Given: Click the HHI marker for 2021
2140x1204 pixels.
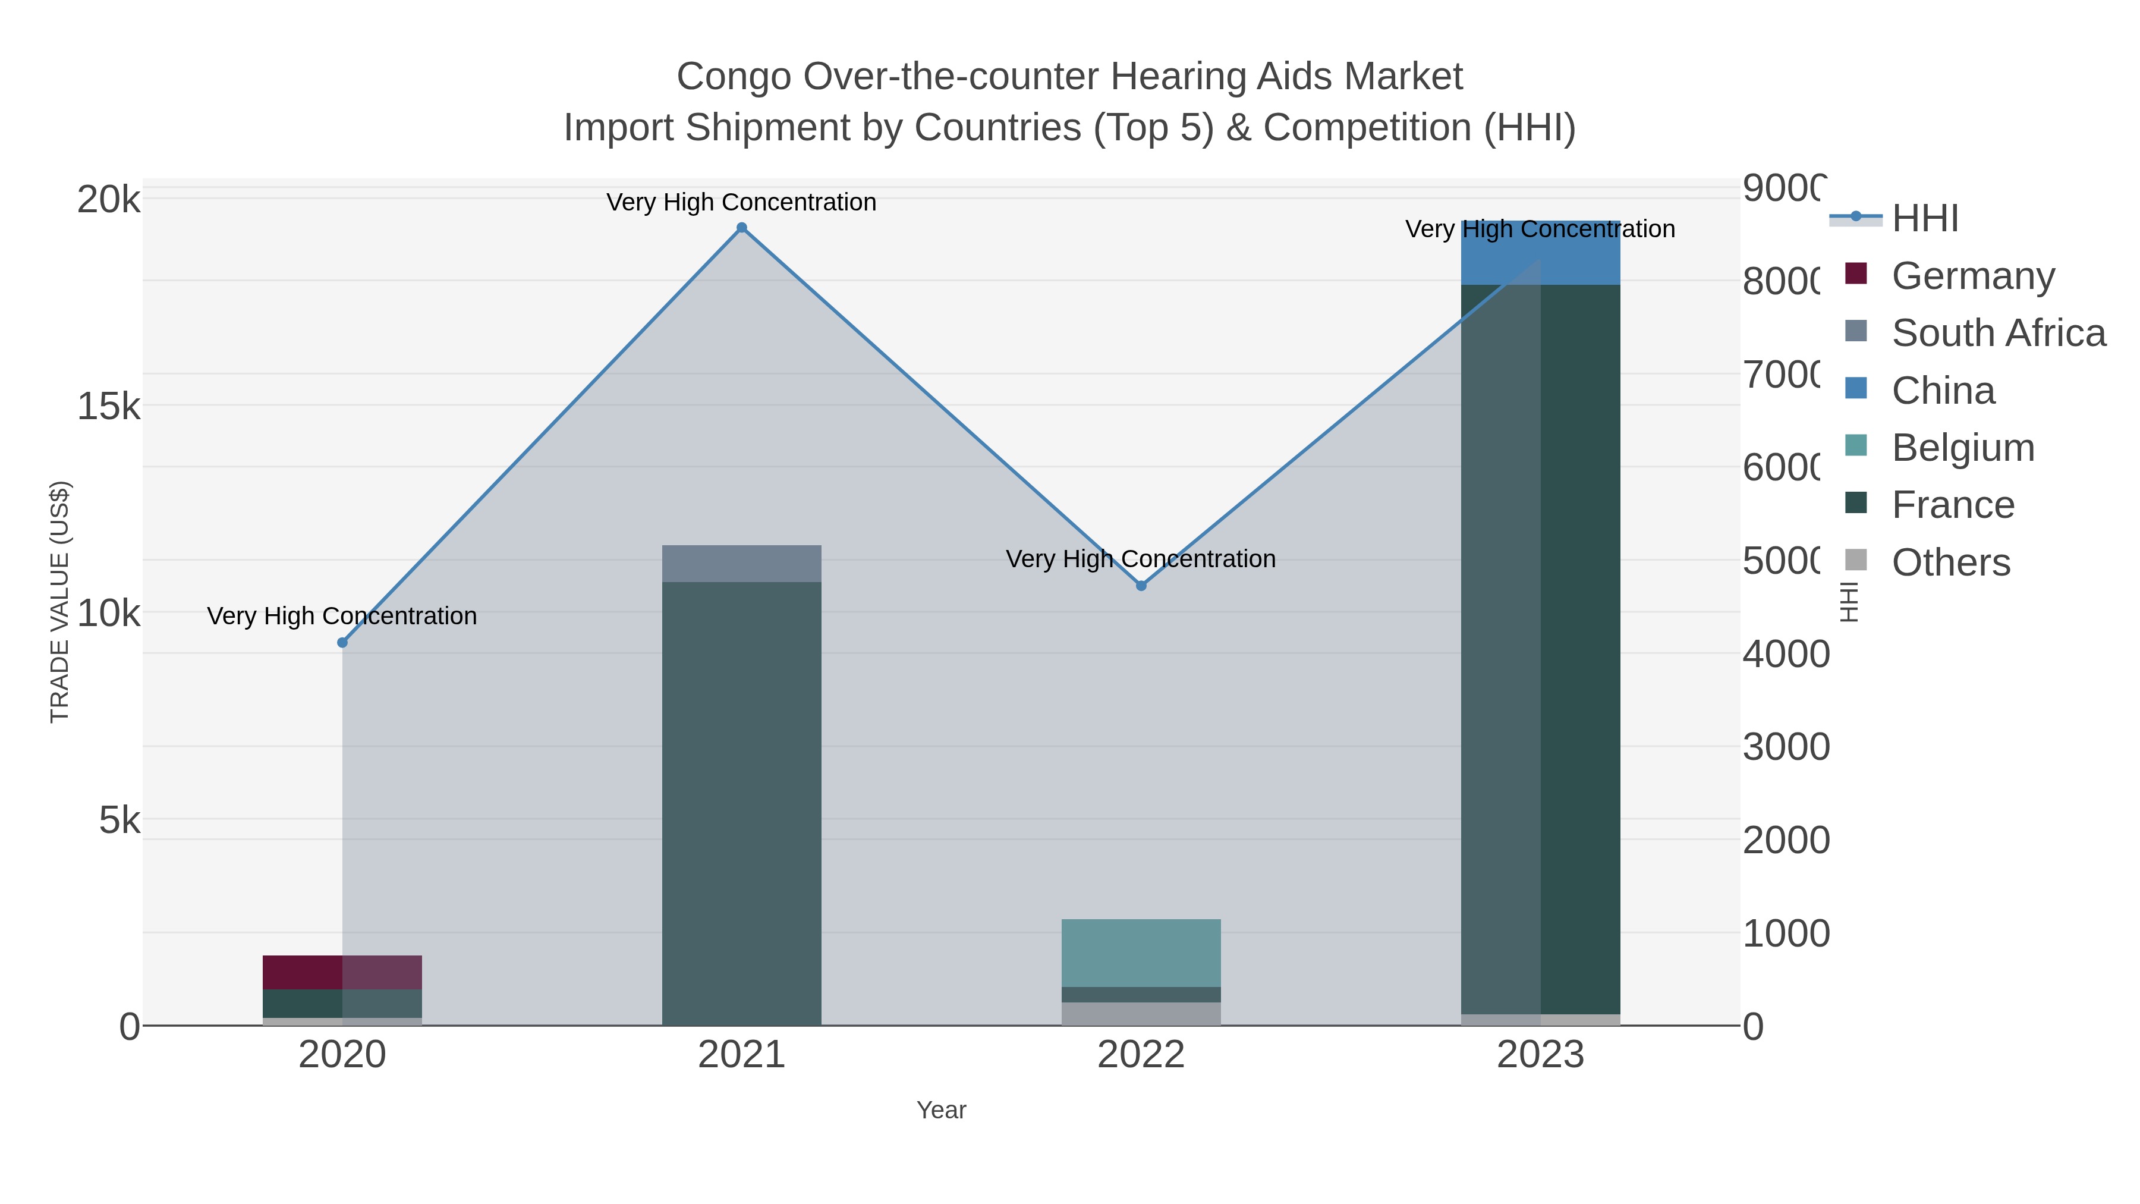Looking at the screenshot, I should (742, 228).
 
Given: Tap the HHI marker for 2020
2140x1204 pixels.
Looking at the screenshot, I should (342, 642).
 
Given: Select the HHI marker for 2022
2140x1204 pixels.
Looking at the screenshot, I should (1141, 586).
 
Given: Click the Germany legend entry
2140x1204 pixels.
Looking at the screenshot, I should (1972, 275).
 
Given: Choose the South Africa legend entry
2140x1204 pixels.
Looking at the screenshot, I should (1998, 332).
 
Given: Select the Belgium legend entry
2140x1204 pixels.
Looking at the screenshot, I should (1962, 447).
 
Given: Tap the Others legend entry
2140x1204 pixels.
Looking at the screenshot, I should (1950, 562).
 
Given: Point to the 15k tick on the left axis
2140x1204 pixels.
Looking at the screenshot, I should (109, 406).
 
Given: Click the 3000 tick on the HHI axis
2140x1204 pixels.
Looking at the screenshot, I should (1785, 746).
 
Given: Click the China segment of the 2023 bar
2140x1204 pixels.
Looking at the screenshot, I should (1540, 253).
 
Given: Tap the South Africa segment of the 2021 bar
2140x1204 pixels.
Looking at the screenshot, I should (741, 564).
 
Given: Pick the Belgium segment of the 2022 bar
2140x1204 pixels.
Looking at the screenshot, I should (1141, 952).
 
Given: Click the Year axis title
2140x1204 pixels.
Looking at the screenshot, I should (941, 1110).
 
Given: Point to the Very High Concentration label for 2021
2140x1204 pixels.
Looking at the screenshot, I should (741, 202).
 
